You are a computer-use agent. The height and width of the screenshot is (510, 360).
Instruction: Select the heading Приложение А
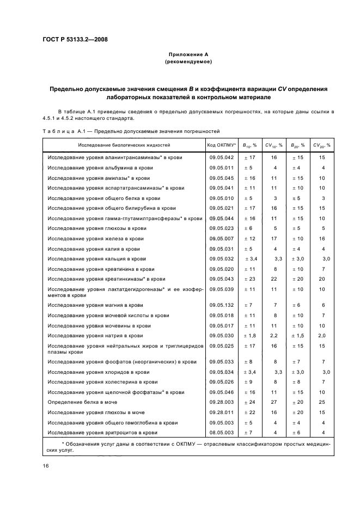point(188,55)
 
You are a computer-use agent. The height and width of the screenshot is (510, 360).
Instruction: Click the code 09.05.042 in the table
point(221,157)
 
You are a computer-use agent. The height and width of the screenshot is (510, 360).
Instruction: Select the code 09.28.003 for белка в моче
point(221,402)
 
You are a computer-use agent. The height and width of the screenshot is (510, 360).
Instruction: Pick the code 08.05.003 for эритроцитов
point(221,433)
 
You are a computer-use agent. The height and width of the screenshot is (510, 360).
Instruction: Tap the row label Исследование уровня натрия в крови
point(95,336)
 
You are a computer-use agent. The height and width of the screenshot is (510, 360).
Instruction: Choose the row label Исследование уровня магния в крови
point(95,305)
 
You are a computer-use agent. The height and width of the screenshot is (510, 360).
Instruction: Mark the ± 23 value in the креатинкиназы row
point(248,279)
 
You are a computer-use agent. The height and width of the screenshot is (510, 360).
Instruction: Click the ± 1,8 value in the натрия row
point(250,336)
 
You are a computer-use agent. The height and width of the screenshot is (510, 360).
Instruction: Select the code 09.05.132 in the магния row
point(221,305)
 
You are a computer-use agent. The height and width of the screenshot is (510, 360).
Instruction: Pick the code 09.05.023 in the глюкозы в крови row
point(221,228)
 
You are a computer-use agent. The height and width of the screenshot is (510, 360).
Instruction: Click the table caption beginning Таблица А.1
point(131,131)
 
